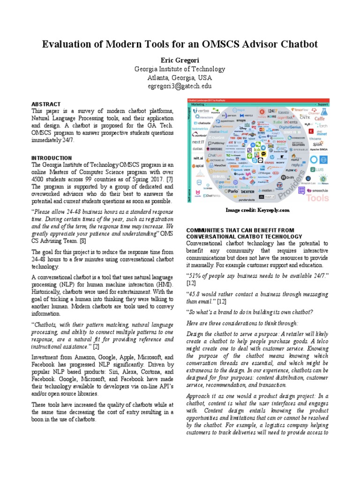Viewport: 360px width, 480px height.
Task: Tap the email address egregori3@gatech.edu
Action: [x=180, y=86]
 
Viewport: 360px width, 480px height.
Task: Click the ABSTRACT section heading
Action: [x=46, y=104]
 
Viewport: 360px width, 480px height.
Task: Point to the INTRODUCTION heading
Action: [x=52, y=158]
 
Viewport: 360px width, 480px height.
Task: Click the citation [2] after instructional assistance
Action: [x=96, y=347]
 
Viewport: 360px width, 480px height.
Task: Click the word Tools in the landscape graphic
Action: [x=317, y=198]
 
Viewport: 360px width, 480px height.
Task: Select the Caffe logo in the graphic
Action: [x=319, y=119]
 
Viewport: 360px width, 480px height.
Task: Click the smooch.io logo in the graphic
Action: [x=320, y=191]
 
